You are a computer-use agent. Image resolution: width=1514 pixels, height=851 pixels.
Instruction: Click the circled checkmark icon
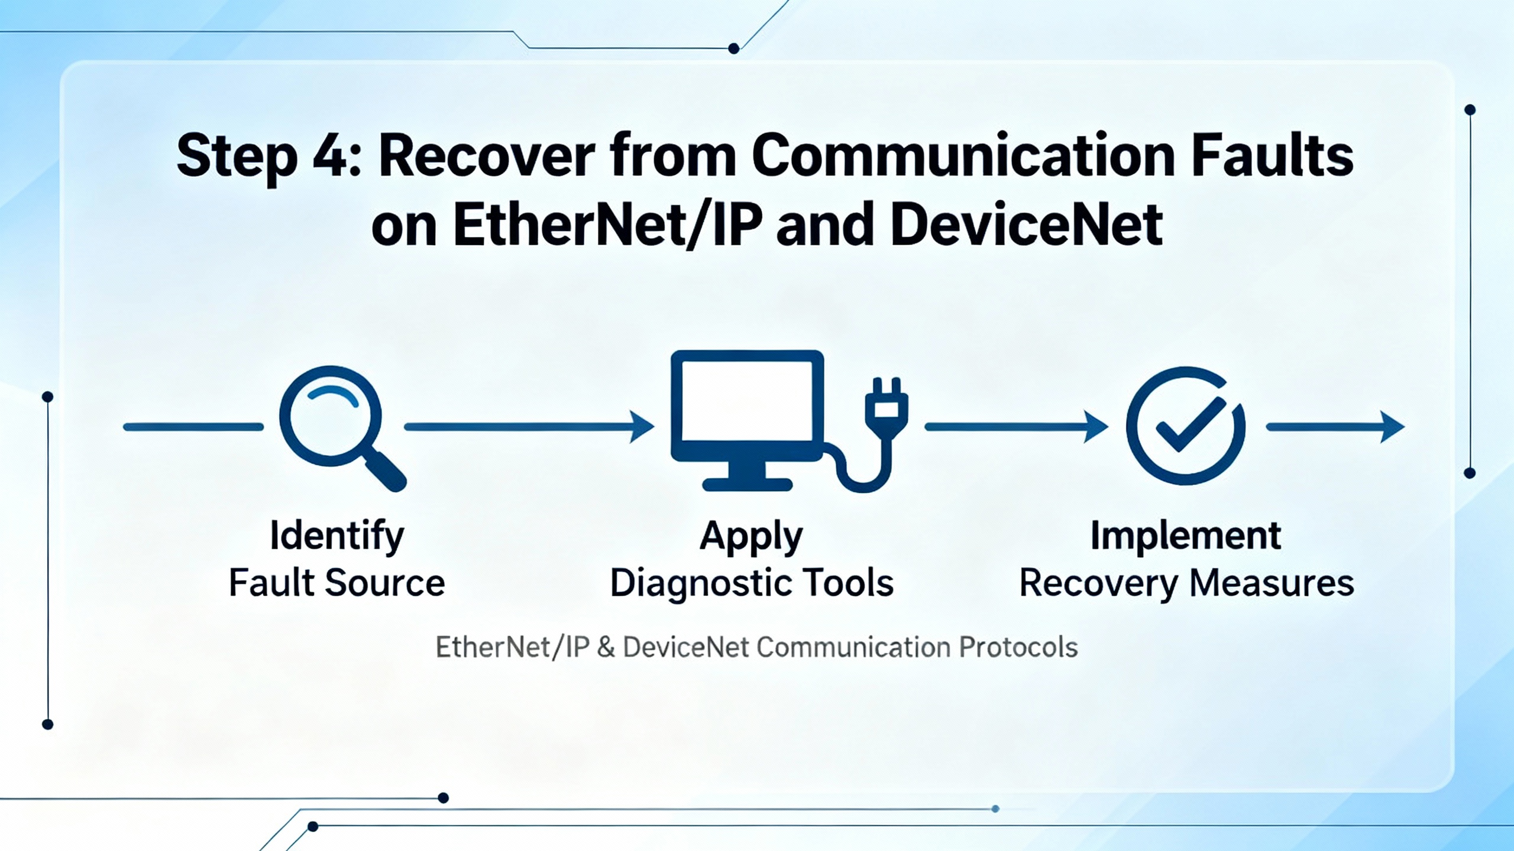tap(1185, 425)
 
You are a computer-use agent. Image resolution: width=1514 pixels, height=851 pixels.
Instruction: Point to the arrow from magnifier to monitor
tap(529, 427)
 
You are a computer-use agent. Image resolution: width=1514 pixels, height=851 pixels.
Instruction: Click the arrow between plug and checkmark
tap(1015, 427)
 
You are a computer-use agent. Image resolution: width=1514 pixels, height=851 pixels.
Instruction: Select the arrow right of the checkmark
tap(1335, 427)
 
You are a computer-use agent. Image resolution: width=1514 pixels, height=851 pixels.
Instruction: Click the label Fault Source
tap(337, 583)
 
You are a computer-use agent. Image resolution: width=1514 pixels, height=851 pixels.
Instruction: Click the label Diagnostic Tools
tap(751, 583)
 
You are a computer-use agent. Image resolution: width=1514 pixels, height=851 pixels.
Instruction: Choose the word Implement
tap(1186, 535)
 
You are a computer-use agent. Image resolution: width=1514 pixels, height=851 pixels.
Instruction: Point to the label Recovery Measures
tap(1186, 583)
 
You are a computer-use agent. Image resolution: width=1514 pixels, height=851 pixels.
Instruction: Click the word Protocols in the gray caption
tap(1018, 648)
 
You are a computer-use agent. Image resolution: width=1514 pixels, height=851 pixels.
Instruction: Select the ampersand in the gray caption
tap(606, 648)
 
